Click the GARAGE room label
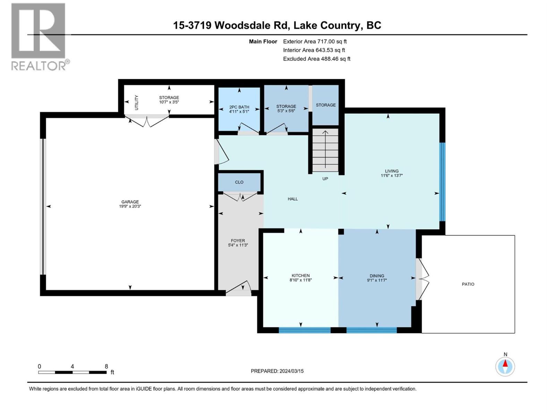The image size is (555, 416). tap(130, 202)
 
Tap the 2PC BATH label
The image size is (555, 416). tap(239, 107)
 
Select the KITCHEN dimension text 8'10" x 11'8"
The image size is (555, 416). tap(300, 280)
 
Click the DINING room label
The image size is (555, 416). tap(377, 276)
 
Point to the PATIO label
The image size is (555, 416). tap(468, 284)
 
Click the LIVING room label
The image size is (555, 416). tap(392, 171)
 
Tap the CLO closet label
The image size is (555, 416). tap(239, 182)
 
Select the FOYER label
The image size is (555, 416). tap(238, 241)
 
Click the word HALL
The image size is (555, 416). tap(292, 199)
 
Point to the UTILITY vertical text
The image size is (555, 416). tap(136, 103)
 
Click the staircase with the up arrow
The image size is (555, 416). tap(325, 150)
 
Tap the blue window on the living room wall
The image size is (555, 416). tap(442, 182)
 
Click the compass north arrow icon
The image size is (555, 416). tap(505, 366)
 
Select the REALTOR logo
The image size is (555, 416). tap(39, 36)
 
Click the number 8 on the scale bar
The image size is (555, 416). tap(106, 366)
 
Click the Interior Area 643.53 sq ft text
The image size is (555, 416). tap(314, 50)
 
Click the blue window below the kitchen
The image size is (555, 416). tap(305, 330)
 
